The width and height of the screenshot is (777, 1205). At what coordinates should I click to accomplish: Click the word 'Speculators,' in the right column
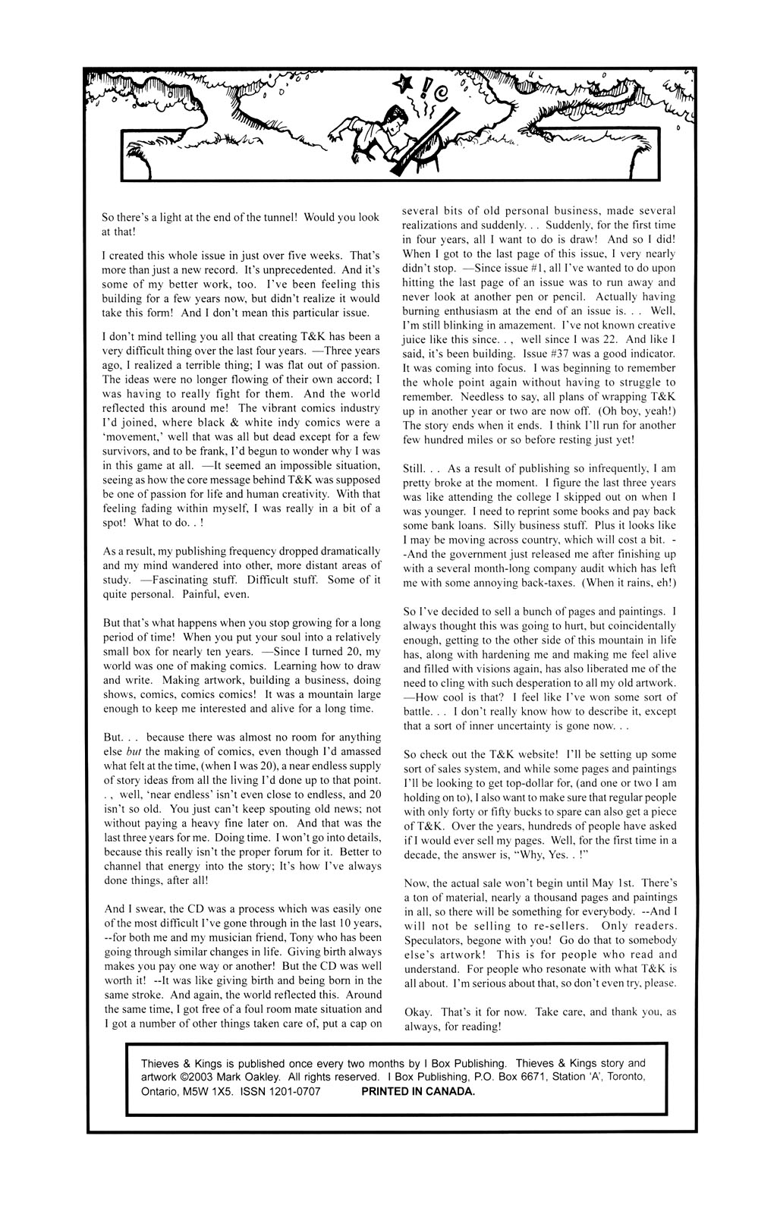coord(436,940)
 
